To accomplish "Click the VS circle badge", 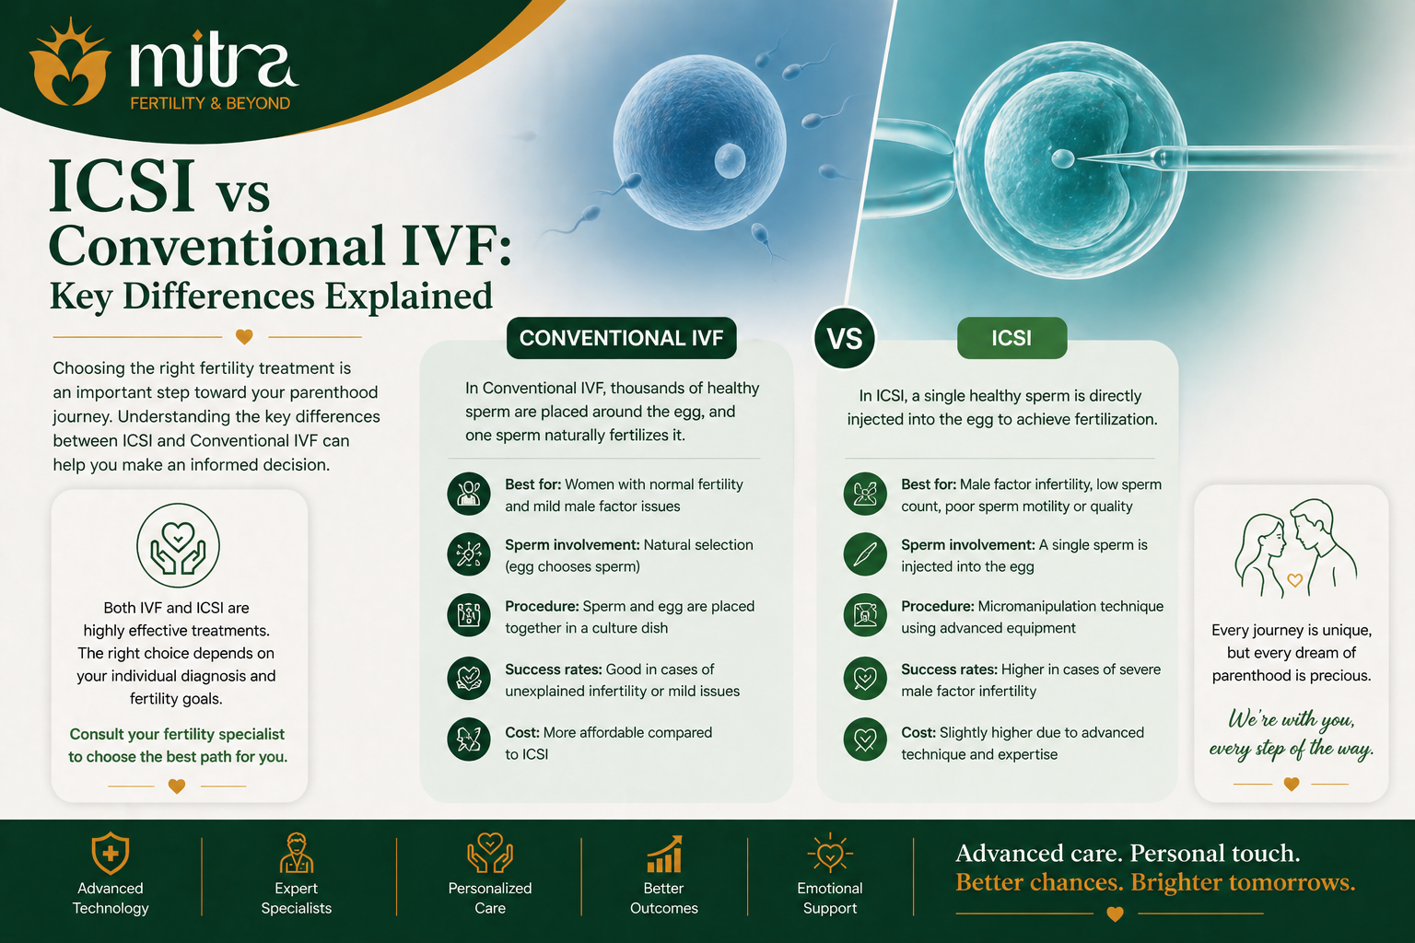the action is click(845, 339).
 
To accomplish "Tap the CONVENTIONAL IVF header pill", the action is click(621, 338).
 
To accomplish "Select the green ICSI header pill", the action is click(1012, 338).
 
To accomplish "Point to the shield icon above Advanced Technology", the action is click(110, 853).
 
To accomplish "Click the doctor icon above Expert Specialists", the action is click(297, 853).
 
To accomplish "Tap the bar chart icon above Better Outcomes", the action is click(664, 854).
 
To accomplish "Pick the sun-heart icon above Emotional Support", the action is click(830, 853).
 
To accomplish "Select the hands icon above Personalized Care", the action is click(489, 853).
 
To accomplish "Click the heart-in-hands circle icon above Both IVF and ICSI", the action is click(178, 545).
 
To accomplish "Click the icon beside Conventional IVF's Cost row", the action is click(469, 739).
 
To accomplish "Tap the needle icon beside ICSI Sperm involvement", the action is click(865, 554).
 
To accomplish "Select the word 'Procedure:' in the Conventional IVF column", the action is click(542, 606).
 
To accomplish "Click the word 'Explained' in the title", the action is click(409, 297).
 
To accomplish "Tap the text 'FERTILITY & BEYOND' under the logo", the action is click(210, 103).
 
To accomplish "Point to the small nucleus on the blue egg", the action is click(730, 160).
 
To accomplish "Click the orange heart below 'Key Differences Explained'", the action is click(244, 337).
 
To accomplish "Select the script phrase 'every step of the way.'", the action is click(1292, 749).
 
